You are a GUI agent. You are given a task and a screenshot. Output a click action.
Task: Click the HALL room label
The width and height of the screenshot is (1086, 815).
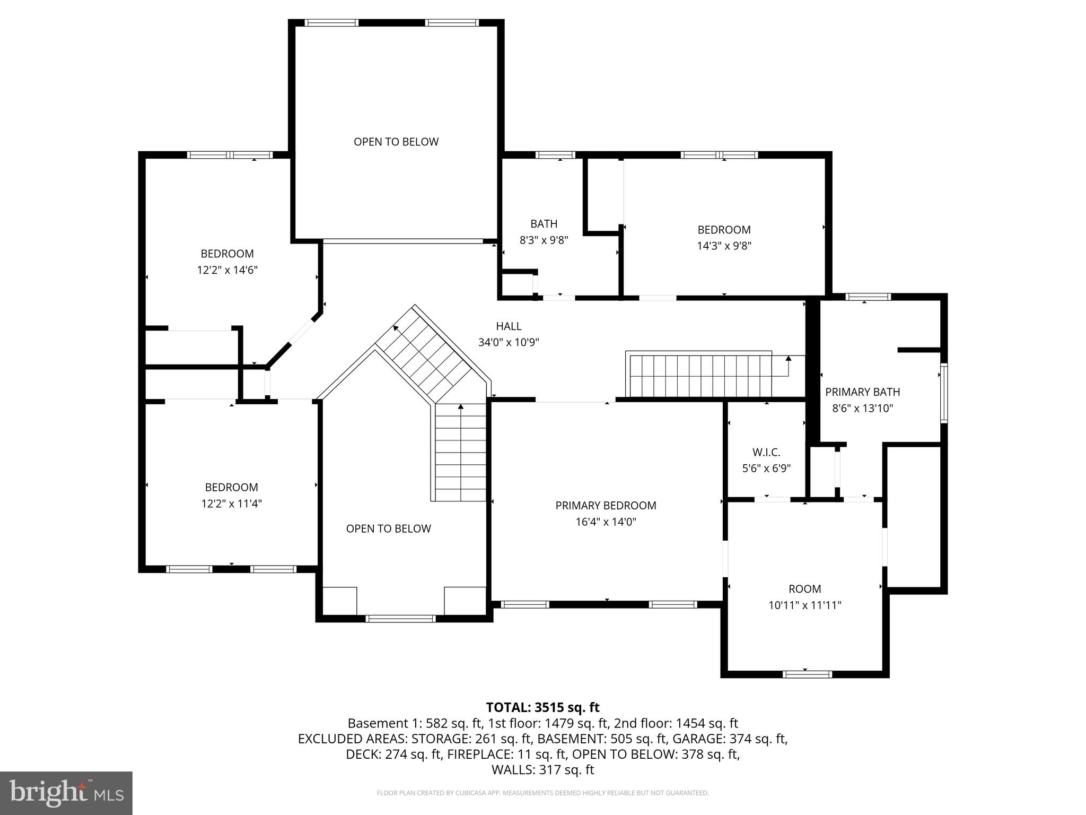(509, 326)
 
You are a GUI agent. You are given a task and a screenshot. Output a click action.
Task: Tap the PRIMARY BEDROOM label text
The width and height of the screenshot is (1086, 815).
(606, 506)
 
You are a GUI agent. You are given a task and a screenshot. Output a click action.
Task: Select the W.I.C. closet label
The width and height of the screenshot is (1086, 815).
(766, 453)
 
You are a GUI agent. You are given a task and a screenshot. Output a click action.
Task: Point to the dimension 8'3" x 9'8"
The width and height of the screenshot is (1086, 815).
(544, 240)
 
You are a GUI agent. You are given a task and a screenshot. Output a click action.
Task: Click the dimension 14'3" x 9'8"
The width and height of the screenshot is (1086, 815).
(724, 246)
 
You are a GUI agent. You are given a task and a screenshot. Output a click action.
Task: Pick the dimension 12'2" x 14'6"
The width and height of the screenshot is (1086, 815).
(227, 270)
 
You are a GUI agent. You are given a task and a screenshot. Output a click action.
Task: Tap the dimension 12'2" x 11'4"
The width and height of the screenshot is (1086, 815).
(231, 504)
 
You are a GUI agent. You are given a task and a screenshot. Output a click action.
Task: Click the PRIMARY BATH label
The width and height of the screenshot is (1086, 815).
(862, 392)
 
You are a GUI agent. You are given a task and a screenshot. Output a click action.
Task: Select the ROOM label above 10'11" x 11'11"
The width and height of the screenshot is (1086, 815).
(804, 589)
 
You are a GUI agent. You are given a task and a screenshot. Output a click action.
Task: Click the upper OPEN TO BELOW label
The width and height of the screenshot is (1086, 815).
(396, 142)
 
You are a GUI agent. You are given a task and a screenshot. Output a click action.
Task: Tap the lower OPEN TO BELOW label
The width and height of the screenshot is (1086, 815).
(388, 528)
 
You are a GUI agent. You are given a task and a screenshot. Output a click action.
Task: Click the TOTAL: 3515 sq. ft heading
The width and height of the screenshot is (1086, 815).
(542, 707)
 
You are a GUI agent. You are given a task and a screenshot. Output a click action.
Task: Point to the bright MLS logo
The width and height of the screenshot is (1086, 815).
(66, 793)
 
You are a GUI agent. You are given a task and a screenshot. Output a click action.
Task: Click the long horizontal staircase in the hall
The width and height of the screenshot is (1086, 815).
(700, 376)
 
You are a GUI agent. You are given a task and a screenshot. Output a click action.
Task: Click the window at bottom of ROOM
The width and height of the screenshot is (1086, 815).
(807, 674)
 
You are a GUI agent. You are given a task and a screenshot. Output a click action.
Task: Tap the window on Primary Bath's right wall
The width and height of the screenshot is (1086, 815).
(944, 393)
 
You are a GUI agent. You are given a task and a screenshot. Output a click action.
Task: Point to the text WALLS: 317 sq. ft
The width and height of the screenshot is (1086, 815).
(542, 770)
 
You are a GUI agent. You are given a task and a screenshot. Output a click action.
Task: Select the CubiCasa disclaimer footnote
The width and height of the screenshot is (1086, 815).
(542, 793)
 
